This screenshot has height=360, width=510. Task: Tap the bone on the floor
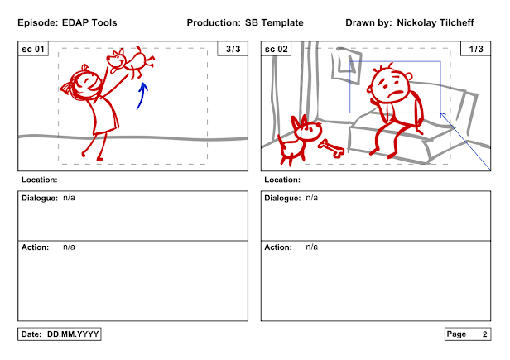tap(331, 148)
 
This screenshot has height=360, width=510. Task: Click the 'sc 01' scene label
tap(33, 49)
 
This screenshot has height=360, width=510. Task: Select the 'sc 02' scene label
tap(277, 49)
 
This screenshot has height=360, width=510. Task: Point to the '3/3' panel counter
tap(233, 49)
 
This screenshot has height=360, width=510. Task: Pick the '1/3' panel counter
tap(476, 49)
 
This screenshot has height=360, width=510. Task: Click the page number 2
tap(484, 334)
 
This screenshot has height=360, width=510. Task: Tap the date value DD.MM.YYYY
tap(73, 334)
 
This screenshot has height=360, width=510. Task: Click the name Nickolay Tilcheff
tap(435, 23)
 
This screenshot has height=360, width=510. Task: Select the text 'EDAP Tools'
tap(89, 23)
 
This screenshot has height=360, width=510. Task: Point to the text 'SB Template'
tap(274, 23)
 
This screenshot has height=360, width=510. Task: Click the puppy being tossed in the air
tap(131, 62)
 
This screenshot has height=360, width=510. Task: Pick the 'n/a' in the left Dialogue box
tap(69, 198)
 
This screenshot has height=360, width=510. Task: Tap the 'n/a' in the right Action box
tap(311, 247)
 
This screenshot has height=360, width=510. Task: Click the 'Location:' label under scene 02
tap(282, 180)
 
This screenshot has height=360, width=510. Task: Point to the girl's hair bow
tap(66, 88)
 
